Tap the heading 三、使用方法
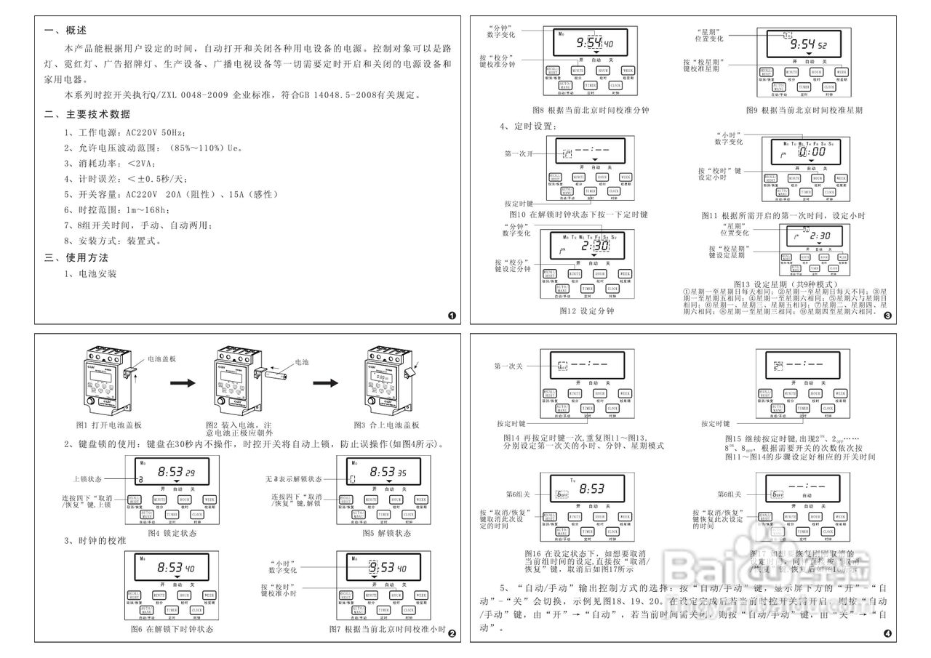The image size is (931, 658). [76, 257]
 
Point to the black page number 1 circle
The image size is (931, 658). [452, 316]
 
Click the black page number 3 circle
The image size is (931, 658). [888, 316]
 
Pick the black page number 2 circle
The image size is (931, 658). [452, 633]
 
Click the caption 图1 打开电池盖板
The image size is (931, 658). [108, 425]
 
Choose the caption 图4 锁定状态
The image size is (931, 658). [172, 533]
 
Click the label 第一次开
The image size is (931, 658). [519, 153]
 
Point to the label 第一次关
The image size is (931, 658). [508, 366]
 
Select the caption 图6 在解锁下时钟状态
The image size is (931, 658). [172, 628]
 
